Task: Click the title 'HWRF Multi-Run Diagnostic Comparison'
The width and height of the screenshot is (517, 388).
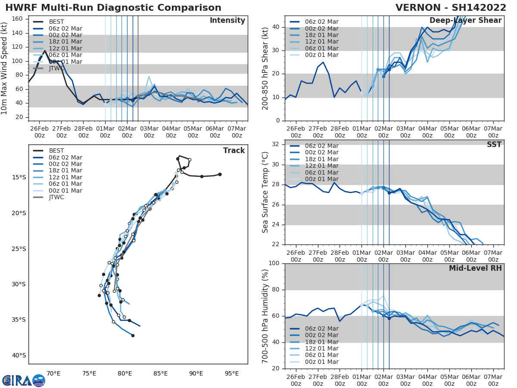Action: pyautogui.click(x=113, y=8)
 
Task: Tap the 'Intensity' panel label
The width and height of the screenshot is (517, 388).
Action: pyautogui.click(x=227, y=21)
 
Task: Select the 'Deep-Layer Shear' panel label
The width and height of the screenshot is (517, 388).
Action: pyautogui.click(x=465, y=21)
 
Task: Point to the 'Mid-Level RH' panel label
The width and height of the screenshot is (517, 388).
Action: pyautogui.click(x=475, y=268)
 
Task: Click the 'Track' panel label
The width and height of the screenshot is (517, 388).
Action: pyautogui.click(x=234, y=150)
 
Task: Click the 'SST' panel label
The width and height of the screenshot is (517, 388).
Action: pyautogui.click(x=493, y=144)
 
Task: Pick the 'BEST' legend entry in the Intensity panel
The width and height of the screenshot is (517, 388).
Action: pyautogui.click(x=56, y=22)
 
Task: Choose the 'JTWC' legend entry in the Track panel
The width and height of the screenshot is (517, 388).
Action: pyautogui.click(x=56, y=197)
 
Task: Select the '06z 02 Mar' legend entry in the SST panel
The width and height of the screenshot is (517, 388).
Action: pyautogui.click(x=321, y=146)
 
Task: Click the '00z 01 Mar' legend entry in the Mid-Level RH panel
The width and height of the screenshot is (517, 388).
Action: pyautogui.click(x=321, y=362)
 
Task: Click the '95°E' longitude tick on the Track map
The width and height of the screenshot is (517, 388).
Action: pyautogui.click(x=232, y=373)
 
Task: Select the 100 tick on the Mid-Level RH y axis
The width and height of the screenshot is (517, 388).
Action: pyautogui.click(x=274, y=263)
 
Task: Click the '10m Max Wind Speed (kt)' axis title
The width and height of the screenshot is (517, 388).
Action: pyautogui.click(x=5, y=69)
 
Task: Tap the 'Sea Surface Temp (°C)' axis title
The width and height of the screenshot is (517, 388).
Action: pyautogui.click(x=265, y=192)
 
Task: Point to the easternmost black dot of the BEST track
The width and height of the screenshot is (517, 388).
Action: pyautogui.click(x=220, y=174)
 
